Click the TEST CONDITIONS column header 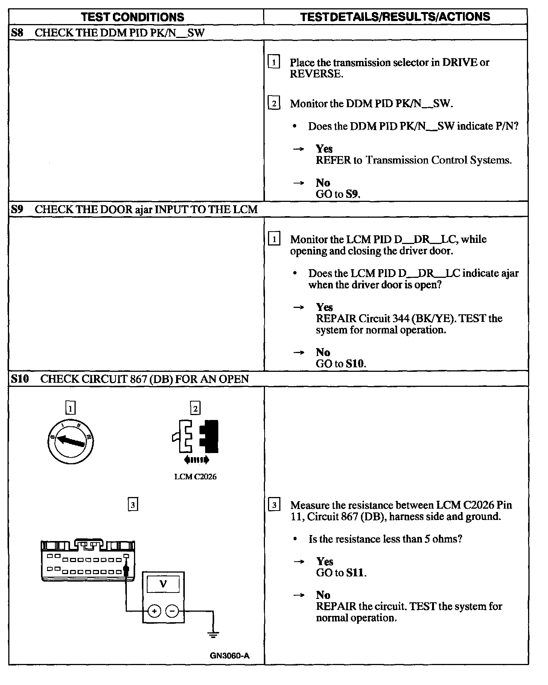[132, 17]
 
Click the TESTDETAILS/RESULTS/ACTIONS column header [395, 17]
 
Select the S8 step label [17, 33]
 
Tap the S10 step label [20, 379]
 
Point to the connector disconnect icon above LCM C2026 [196, 436]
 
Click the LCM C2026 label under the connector [195, 477]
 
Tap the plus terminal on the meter [154, 611]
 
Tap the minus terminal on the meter [172, 611]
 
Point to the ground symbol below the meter [213, 635]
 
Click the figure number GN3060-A [230, 656]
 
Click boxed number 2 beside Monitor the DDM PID [274, 103]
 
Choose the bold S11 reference [355, 573]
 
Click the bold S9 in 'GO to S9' [352, 194]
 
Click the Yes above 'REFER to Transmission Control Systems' [324, 149]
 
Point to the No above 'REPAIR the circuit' [323, 595]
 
